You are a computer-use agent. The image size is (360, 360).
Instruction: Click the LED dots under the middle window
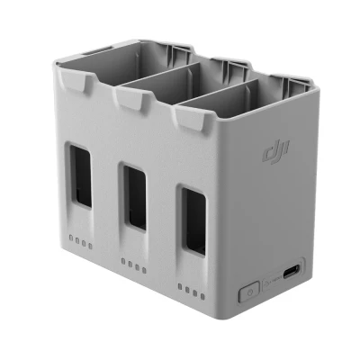133,265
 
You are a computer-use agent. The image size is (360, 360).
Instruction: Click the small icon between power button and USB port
271,283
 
